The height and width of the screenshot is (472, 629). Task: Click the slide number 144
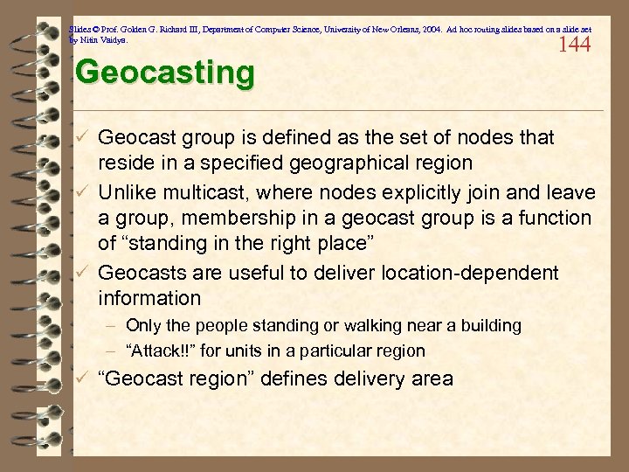pyautogui.click(x=574, y=45)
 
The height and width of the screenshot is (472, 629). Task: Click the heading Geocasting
pyautogui.click(x=164, y=73)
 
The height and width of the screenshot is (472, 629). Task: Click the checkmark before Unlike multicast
pyautogui.click(x=81, y=192)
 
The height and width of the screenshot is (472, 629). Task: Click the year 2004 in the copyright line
pyautogui.click(x=425, y=29)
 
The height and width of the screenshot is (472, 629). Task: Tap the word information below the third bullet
pyautogui.click(x=149, y=299)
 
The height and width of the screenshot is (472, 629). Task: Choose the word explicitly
pyautogui.click(x=398, y=192)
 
